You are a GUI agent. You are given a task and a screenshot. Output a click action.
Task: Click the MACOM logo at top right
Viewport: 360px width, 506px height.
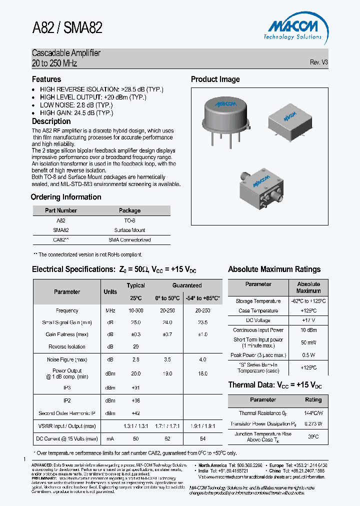coord(292,27)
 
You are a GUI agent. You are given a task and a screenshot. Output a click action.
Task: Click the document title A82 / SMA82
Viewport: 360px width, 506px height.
coord(67,27)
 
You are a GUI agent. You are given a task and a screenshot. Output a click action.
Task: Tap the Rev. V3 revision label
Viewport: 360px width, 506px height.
coord(319,62)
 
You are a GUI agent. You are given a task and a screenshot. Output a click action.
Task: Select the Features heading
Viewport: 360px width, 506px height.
coord(46,79)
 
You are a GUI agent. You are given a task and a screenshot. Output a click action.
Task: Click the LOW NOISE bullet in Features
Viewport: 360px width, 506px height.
coord(76,105)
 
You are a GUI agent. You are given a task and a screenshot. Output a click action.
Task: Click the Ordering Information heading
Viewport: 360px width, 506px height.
coord(66,197)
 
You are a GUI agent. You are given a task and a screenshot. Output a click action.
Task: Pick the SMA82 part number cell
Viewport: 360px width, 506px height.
coord(60,230)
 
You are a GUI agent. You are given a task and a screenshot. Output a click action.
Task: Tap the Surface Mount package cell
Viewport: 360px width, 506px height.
coord(129,230)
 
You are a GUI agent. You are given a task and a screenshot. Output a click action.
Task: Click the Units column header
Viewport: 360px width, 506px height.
coord(110,292)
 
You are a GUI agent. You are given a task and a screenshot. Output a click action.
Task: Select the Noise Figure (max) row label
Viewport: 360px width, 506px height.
coord(67,359)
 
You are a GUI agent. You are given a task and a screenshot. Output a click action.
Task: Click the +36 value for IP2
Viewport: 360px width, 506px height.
coord(135,401)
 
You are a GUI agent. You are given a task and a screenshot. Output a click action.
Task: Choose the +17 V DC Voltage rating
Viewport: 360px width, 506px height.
coord(308,320)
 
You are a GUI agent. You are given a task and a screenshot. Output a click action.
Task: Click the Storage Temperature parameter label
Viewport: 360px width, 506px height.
coord(258,301)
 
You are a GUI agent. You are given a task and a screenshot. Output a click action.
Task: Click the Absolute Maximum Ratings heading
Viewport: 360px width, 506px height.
coord(274,269)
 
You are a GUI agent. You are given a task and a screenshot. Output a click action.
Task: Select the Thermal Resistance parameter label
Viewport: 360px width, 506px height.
coord(258,413)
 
